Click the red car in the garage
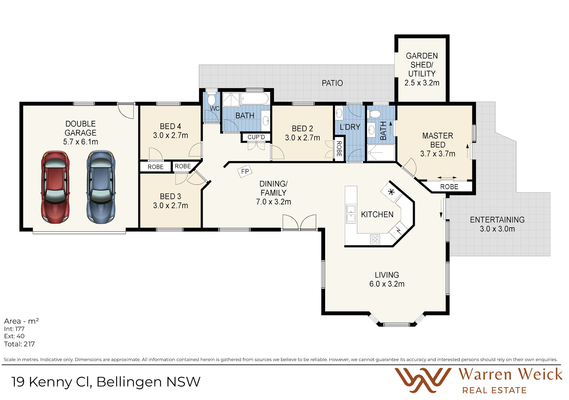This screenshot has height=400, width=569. (55, 187)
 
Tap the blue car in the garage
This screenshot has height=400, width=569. (101, 187)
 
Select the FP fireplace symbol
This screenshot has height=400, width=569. (245, 171)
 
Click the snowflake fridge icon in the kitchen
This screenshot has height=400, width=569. (391, 192)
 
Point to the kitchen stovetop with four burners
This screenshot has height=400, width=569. (375, 239)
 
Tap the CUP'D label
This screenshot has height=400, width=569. (256, 137)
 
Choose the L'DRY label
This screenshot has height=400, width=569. (350, 127)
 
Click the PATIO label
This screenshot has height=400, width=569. (332, 83)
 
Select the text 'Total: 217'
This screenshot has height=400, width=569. (19, 344)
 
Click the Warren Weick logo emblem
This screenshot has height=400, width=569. (423, 380)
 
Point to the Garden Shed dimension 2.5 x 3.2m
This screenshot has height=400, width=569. (422, 83)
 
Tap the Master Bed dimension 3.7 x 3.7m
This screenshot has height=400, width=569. (438, 154)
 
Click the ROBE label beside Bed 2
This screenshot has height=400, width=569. (339, 149)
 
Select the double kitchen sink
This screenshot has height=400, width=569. (351, 213)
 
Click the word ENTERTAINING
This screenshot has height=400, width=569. (497, 220)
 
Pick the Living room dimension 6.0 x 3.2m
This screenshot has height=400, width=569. (387, 284)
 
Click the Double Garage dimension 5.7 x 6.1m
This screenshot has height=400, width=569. (80, 142)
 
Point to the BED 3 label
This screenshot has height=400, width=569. (170, 196)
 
